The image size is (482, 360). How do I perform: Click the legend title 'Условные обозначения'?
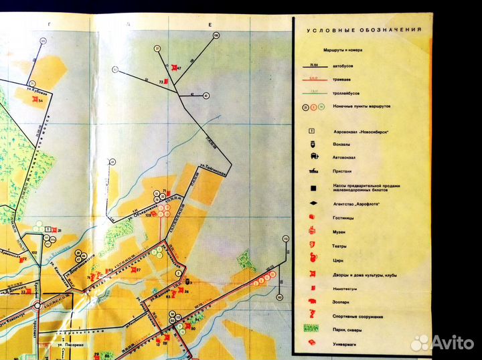(364, 30)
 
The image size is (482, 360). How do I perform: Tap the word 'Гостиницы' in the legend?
(344, 217)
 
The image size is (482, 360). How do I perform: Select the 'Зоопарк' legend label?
(341, 302)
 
